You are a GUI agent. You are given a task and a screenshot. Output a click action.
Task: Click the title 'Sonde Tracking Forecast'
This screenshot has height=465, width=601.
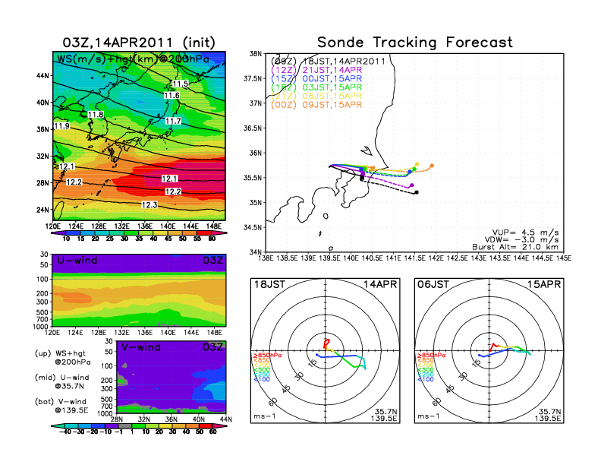pyautogui.click(x=414, y=42)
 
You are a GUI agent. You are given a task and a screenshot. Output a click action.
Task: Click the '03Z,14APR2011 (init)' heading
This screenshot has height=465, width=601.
pyautogui.click(x=137, y=43)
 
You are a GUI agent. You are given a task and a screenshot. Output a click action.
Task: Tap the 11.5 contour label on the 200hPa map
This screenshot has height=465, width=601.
pyautogui.click(x=181, y=84)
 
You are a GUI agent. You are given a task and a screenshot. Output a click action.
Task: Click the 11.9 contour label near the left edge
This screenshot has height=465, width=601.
pyautogui.click(x=62, y=125)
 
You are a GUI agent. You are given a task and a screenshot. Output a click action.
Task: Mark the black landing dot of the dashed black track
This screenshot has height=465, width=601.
pyautogui.click(x=417, y=192)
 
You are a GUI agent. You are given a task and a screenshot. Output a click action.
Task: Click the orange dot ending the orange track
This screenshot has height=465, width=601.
pyautogui.click(x=432, y=166)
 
